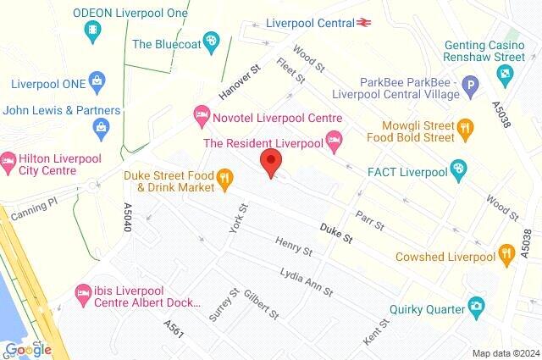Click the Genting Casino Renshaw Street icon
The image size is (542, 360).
[506, 76]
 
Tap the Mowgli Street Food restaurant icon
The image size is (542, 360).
[464, 128]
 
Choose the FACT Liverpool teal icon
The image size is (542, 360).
[458, 169]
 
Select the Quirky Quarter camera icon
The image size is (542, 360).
[477, 305]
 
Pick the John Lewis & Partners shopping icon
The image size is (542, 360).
[102, 129]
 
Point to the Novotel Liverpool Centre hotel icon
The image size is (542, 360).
[202, 113]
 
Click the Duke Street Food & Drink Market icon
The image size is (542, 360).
[224, 177]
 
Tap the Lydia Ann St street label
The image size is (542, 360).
[307, 280]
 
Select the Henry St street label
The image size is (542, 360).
[294, 246]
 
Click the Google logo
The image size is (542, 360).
[28, 349]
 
